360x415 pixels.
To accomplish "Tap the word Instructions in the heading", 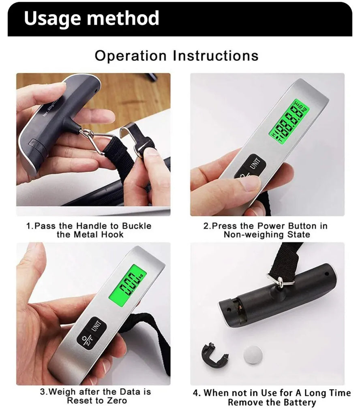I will point(216,56).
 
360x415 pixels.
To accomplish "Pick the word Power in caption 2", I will point(271,226).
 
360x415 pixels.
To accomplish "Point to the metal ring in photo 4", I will point(281,280).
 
